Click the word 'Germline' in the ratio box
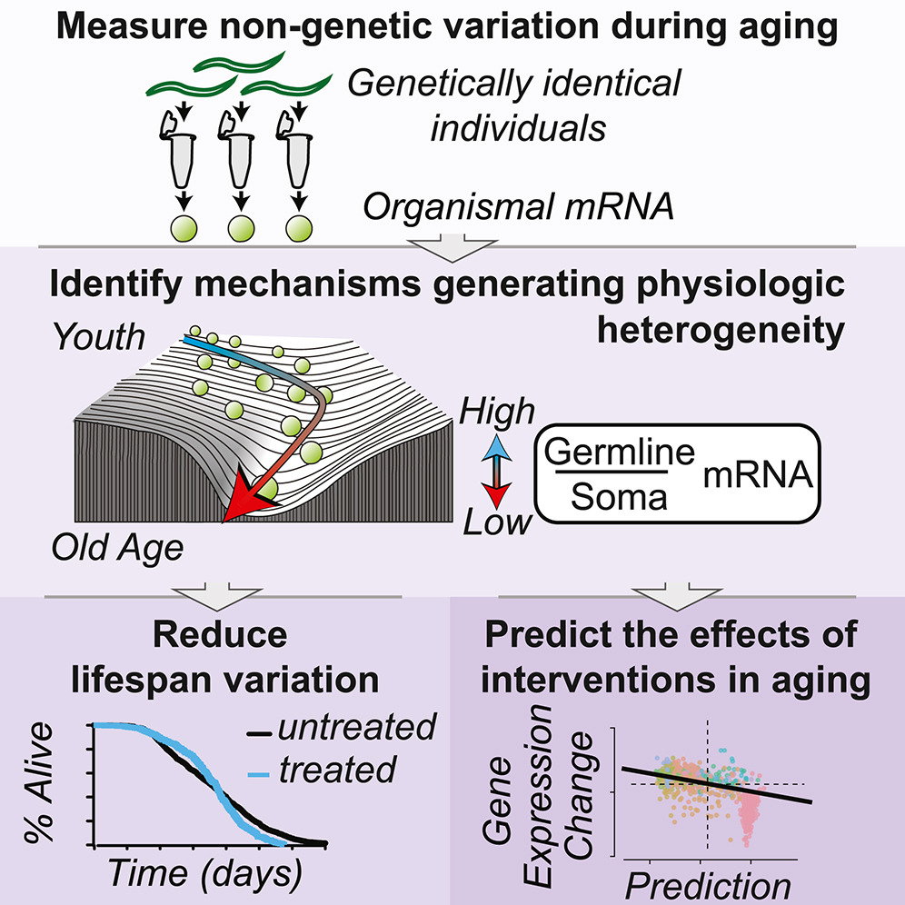618,452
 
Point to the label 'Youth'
97,338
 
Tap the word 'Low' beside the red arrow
498,522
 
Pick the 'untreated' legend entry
356,727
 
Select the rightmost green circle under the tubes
294,227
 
